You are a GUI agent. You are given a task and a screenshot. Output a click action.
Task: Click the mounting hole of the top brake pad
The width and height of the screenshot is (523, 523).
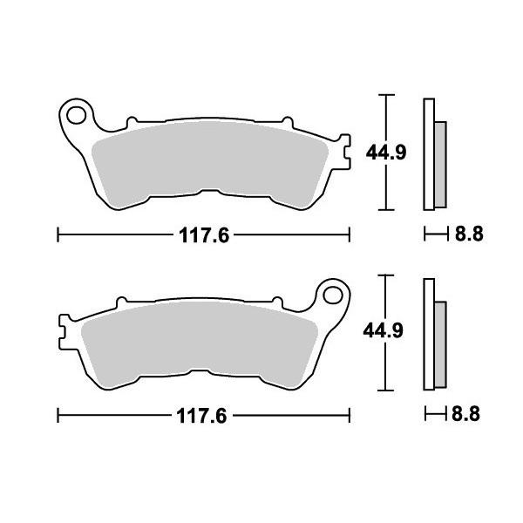tap(77, 115)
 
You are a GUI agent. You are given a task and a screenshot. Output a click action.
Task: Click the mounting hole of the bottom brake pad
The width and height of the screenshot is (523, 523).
tap(333, 295)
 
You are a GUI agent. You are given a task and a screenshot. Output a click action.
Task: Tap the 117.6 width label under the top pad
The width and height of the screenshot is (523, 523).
tap(204, 235)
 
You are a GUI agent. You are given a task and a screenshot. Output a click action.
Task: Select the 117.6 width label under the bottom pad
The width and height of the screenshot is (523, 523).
tap(201, 416)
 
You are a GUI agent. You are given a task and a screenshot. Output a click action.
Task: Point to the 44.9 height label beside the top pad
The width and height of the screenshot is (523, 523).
tap(386, 153)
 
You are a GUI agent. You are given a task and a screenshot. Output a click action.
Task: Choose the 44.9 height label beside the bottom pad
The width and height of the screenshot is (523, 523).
tap(384, 330)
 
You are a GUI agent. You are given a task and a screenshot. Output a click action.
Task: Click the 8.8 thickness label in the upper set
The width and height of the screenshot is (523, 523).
tap(469, 234)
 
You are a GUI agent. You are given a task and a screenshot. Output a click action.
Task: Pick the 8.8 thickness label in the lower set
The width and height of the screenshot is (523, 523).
tap(465, 414)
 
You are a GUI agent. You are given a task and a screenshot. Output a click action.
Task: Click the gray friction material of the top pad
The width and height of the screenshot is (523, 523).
tap(210, 160)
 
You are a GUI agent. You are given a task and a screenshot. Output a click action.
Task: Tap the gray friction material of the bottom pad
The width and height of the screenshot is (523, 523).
tap(200, 340)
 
